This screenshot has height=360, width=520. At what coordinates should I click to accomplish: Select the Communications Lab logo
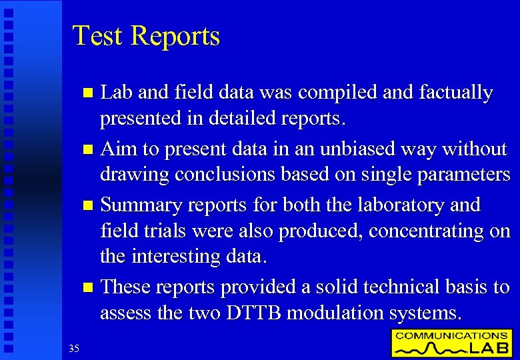[451, 342]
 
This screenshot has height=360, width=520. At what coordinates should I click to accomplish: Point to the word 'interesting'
[190, 256]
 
